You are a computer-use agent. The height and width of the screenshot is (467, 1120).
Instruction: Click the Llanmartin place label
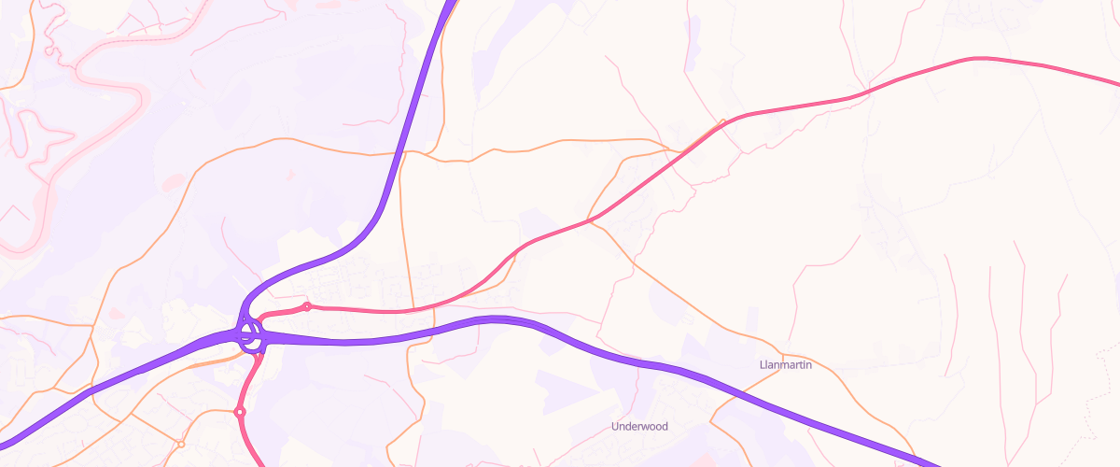point(786,364)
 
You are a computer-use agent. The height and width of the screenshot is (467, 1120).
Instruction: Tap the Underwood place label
point(639,426)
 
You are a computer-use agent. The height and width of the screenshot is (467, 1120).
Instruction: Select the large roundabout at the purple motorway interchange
point(250,336)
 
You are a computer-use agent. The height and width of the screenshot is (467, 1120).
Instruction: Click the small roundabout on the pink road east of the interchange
point(306,306)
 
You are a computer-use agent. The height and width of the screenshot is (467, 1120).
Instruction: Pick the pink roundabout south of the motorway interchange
point(240,412)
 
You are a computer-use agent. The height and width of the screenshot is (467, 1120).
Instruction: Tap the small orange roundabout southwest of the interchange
point(181,444)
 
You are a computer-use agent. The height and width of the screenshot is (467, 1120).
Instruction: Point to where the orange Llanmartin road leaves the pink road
point(590,221)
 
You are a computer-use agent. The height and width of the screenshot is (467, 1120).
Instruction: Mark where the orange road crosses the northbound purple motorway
point(401,153)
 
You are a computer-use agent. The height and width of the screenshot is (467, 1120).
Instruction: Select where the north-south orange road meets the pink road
point(409,310)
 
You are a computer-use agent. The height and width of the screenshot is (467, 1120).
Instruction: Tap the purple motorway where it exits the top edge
point(453,4)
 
